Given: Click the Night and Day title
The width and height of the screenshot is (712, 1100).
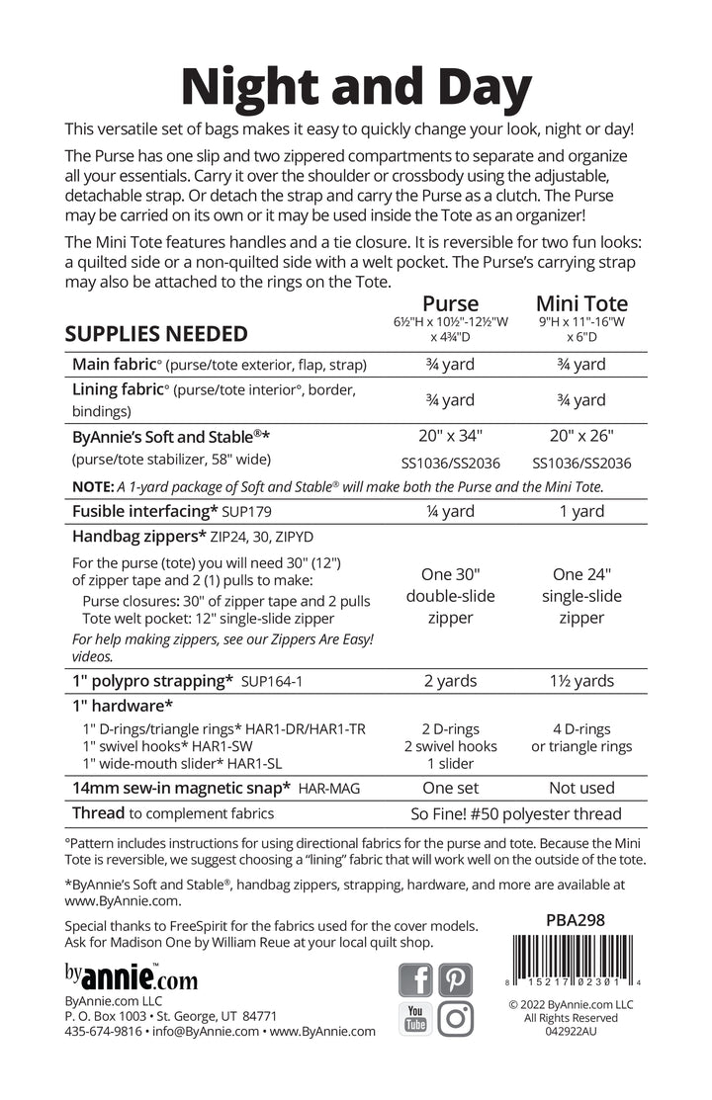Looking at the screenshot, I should click(356, 87).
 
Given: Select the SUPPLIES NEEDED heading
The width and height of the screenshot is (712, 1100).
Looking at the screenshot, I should click(156, 333).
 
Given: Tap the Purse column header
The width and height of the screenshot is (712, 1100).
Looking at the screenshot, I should click(450, 303).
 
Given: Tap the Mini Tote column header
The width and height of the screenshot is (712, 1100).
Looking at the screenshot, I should click(581, 303).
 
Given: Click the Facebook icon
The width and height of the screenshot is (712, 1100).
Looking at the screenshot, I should click(416, 979).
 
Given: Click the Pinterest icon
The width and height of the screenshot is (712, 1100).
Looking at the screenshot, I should click(456, 979).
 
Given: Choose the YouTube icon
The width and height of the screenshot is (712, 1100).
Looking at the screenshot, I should click(415, 1018).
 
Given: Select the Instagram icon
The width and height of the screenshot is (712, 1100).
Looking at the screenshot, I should click(456, 1018).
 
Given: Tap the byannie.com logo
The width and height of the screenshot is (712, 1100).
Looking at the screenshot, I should click(131, 979).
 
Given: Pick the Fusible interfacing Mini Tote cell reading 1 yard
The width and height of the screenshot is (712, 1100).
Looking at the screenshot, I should click(581, 511).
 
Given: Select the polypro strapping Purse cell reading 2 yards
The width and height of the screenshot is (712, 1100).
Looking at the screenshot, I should click(450, 681).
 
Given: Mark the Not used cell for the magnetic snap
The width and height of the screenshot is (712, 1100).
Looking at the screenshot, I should click(581, 788).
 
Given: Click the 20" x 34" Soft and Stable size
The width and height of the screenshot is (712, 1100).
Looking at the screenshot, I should click(450, 436).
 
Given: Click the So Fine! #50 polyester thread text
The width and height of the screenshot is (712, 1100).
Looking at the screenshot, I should click(515, 814).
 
